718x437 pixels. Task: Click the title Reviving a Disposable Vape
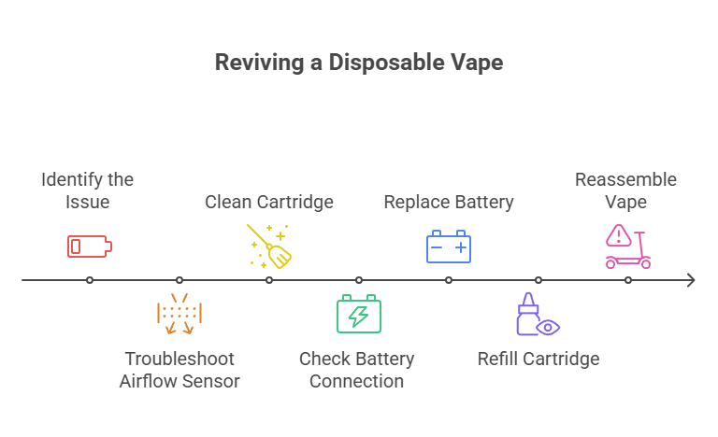[x=359, y=63]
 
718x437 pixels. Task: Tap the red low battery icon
[x=89, y=247]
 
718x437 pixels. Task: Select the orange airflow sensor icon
[x=179, y=314]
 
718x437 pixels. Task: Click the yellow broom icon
[x=268, y=246]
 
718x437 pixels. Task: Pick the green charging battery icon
[x=358, y=314]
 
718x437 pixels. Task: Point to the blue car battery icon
[x=449, y=247]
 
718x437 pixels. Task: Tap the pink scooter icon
[x=627, y=247]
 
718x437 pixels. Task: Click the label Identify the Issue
[x=88, y=190]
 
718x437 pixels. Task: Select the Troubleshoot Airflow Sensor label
[x=179, y=370]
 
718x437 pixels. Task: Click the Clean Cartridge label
[x=269, y=202]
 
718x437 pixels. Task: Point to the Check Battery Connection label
[x=357, y=370]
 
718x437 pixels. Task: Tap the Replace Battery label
[x=449, y=202]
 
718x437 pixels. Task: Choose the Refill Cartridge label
[x=538, y=359]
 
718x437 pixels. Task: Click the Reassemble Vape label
[x=625, y=190]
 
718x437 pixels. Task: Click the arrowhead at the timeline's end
[x=691, y=280]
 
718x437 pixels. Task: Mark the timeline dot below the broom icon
[x=269, y=280]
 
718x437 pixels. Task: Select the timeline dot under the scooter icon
[x=628, y=280]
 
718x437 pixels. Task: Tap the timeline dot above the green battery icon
[x=359, y=280]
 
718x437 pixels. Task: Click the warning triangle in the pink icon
[x=618, y=234]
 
